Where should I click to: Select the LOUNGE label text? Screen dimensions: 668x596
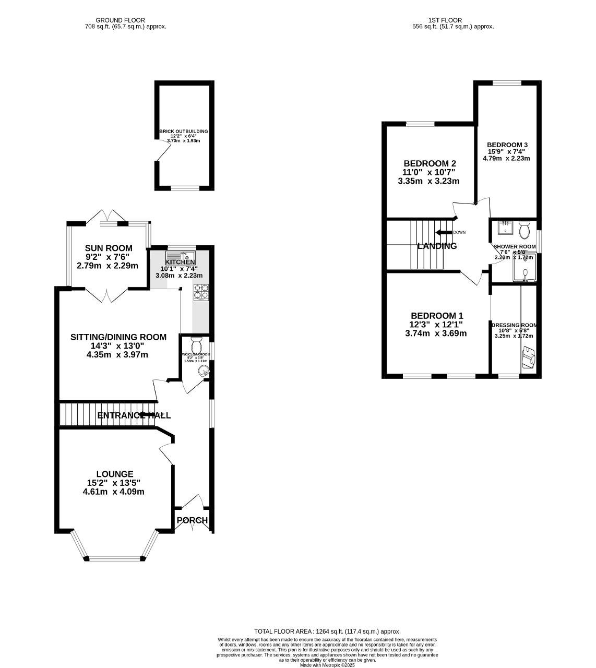click(117, 474)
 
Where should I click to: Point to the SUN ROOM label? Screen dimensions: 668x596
click(109, 248)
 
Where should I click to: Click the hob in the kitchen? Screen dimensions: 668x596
click(201, 292)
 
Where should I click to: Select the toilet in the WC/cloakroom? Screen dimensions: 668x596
click(196, 344)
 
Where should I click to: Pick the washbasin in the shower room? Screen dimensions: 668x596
click(505, 228)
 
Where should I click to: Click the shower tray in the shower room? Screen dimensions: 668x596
click(525, 269)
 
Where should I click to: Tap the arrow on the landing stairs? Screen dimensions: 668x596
click(444, 233)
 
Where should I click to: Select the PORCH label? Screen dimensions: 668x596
click(192, 520)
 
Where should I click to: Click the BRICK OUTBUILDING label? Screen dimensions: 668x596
click(184, 132)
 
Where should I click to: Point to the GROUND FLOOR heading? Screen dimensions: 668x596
click(120, 20)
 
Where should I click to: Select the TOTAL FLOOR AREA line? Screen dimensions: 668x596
click(327, 631)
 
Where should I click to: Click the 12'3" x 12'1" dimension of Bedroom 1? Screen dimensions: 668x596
click(435, 325)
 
